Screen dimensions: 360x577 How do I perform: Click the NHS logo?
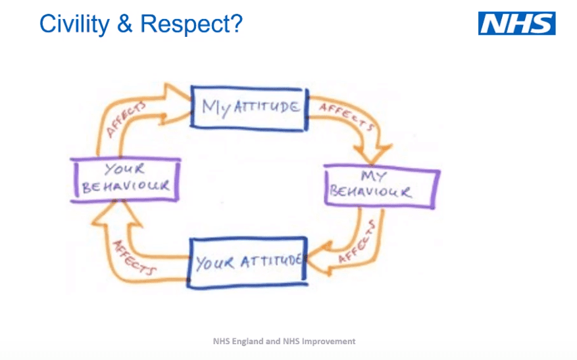pos(516,23)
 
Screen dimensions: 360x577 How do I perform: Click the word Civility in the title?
pos(73,24)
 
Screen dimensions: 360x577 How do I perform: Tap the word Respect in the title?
pos(191,24)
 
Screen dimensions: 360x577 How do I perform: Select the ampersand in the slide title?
pos(124,24)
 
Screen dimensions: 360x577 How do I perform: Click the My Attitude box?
pos(249,106)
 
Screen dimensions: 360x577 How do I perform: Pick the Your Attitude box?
pos(248,263)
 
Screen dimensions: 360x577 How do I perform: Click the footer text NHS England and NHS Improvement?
pos(284,342)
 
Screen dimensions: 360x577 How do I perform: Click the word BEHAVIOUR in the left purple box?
pos(126,186)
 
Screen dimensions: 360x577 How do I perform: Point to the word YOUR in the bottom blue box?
pos(214,263)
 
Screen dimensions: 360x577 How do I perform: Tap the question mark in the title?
pos(236,24)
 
